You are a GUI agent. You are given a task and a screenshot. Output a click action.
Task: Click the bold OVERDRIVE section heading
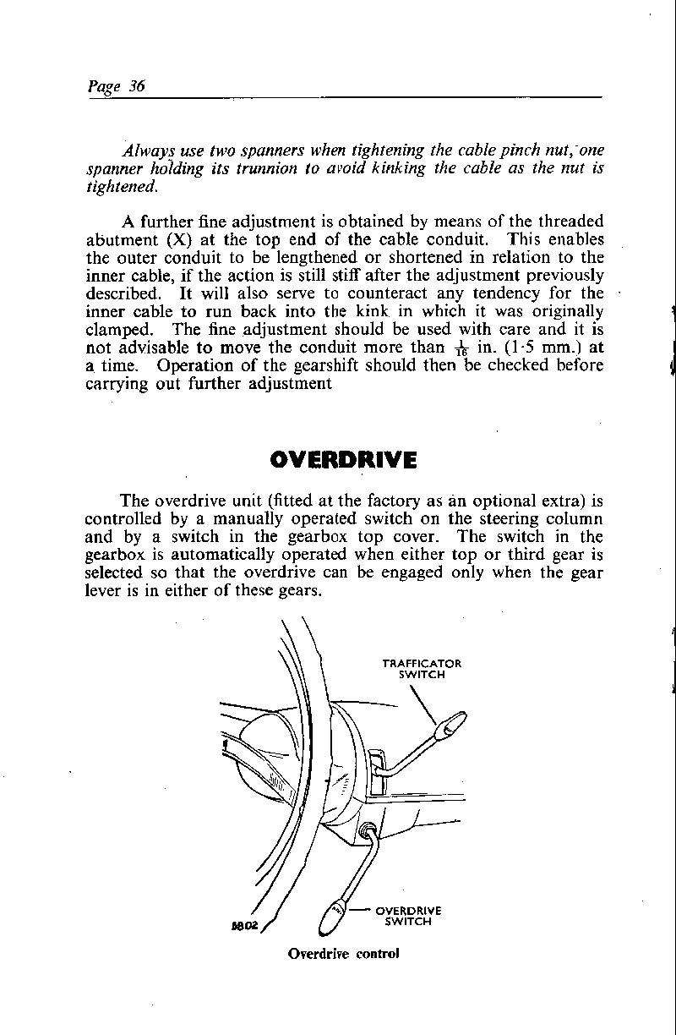click(x=343, y=459)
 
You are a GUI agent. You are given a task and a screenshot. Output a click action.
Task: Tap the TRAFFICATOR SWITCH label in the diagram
click(x=422, y=669)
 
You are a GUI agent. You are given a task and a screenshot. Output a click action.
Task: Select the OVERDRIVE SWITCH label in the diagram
click(x=409, y=916)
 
